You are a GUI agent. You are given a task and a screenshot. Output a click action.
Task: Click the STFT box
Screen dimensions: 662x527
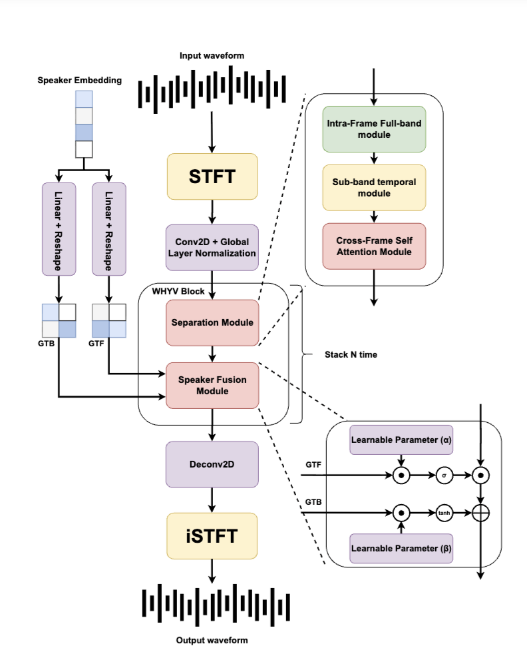click(212, 176)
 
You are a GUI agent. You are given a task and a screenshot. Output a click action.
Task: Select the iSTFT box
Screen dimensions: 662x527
click(212, 535)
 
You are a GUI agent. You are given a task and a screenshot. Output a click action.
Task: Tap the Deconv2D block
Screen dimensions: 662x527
click(212, 464)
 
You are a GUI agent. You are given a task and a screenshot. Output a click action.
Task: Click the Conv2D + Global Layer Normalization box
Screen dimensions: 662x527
click(212, 247)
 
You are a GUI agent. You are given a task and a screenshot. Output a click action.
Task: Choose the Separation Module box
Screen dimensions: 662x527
click(212, 322)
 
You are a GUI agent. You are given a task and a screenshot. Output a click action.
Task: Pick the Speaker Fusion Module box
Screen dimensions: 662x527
click(212, 385)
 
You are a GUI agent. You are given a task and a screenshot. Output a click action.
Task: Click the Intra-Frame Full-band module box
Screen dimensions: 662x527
click(373, 129)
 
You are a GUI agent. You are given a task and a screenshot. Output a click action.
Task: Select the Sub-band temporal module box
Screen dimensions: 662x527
click(373, 188)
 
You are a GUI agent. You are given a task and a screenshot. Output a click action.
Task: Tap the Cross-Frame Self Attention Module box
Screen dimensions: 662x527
click(373, 246)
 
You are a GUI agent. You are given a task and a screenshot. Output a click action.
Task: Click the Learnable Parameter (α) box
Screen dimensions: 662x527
click(401, 440)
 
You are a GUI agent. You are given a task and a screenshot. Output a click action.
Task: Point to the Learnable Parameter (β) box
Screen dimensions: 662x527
click(401, 549)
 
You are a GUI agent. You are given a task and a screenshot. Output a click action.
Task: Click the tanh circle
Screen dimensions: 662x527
click(444, 513)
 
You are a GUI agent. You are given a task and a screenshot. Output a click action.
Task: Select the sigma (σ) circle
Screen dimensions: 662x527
click(444, 476)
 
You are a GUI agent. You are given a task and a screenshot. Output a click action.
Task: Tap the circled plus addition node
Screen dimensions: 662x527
click(480, 513)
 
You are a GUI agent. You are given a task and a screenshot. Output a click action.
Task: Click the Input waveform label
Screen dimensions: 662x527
click(212, 56)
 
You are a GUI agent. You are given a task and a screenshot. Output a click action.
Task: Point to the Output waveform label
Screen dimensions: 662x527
click(212, 640)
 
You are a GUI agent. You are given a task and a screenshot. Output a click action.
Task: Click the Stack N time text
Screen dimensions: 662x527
click(351, 355)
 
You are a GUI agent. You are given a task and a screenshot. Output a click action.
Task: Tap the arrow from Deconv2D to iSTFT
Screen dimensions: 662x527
click(212, 499)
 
